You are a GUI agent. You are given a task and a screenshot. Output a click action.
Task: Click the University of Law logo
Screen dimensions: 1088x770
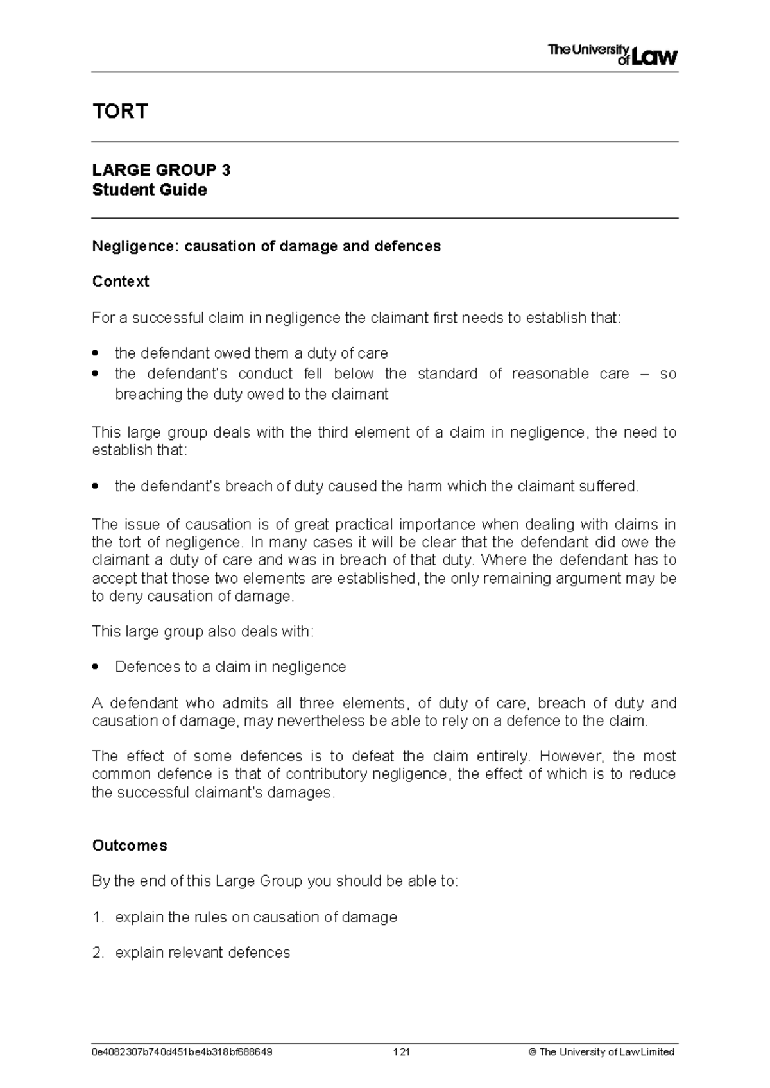click(612, 55)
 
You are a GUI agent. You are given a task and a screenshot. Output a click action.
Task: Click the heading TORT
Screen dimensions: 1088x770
click(120, 112)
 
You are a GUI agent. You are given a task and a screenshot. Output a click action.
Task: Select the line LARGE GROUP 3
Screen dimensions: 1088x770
click(161, 170)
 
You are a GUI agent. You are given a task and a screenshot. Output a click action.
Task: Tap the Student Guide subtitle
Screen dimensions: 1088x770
click(150, 190)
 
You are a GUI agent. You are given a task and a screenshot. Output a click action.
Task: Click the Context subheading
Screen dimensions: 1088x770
click(121, 282)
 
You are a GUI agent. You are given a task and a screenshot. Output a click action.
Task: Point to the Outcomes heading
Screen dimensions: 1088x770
click(130, 846)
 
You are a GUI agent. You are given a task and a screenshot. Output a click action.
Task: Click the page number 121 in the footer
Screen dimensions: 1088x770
click(402, 1052)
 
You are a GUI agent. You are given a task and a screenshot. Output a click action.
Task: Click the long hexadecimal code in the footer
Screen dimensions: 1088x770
click(182, 1052)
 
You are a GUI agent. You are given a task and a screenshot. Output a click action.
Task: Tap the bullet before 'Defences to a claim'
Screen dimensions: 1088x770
click(96, 668)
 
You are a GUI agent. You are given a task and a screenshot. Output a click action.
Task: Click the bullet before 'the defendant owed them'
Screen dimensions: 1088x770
click(96, 354)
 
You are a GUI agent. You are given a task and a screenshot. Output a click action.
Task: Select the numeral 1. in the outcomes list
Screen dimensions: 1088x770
click(98, 917)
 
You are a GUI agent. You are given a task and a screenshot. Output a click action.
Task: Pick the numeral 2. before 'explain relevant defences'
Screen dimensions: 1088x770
click(98, 953)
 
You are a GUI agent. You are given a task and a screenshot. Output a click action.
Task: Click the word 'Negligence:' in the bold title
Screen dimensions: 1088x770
click(136, 246)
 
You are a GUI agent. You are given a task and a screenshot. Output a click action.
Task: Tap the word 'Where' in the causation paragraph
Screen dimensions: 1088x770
click(504, 560)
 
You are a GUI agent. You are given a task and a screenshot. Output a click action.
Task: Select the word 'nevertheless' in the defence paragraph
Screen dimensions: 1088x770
click(316, 721)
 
